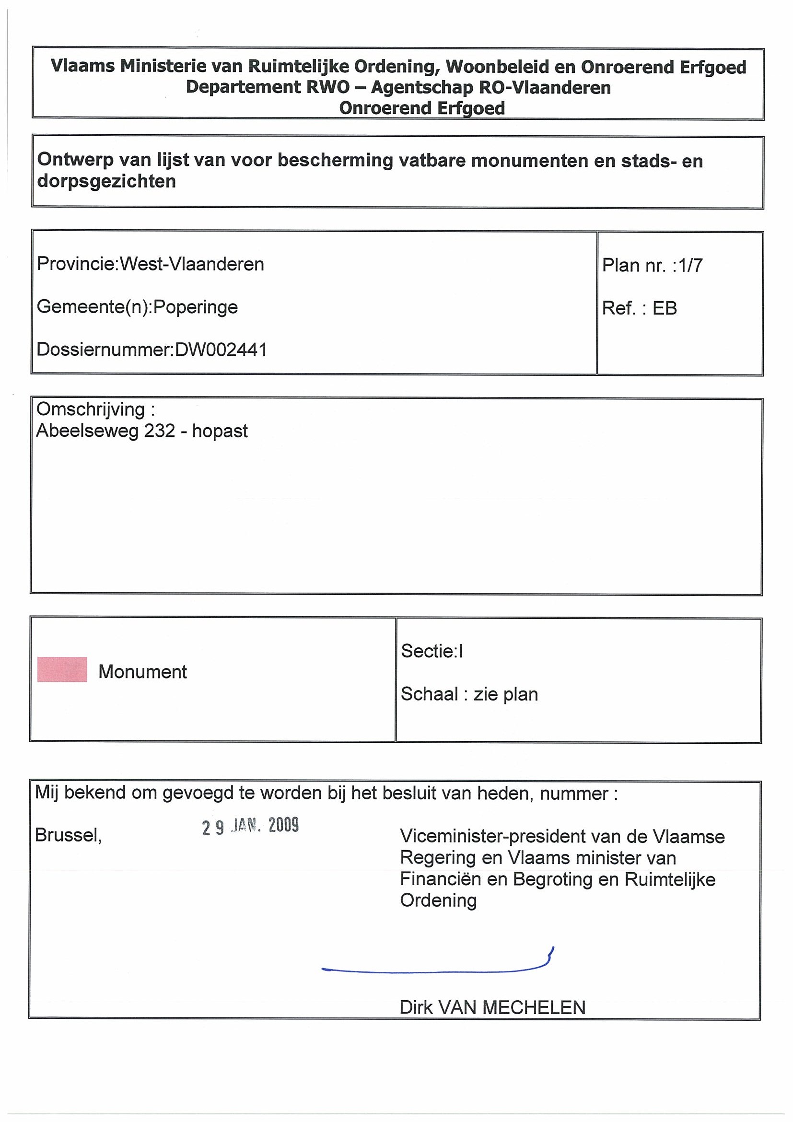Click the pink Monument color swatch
(x=62, y=669)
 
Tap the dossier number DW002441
(x=221, y=350)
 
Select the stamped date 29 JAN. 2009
(x=250, y=826)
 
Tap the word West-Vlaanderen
(x=192, y=264)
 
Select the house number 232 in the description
(x=159, y=431)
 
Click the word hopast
(x=220, y=431)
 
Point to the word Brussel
(x=68, y=835)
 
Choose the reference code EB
(x=665, y=308)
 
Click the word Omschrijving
(x=91, y=409)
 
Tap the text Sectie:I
(x=432, y=651)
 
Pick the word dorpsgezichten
(x=106, y=181)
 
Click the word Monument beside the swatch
(x=143, y=672)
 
